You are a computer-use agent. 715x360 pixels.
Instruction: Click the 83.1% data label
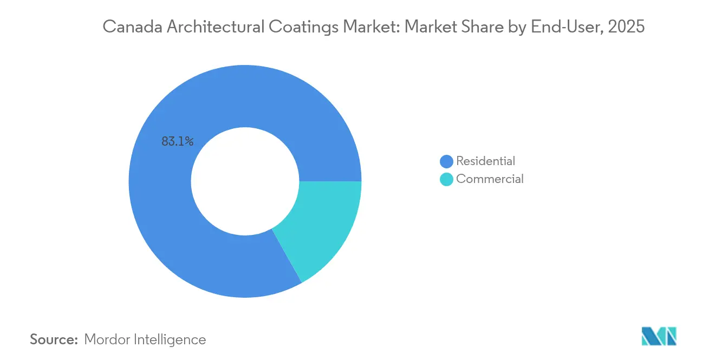(177, 141)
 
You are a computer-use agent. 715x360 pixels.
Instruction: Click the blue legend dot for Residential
(446, 161)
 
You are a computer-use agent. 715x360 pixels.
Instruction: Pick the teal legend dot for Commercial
(446, 179)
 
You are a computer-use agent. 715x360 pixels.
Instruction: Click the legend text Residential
(485, 161)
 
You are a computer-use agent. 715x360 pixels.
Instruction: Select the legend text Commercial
(490, 179)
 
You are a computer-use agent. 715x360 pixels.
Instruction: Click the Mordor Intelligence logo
(659, 336)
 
